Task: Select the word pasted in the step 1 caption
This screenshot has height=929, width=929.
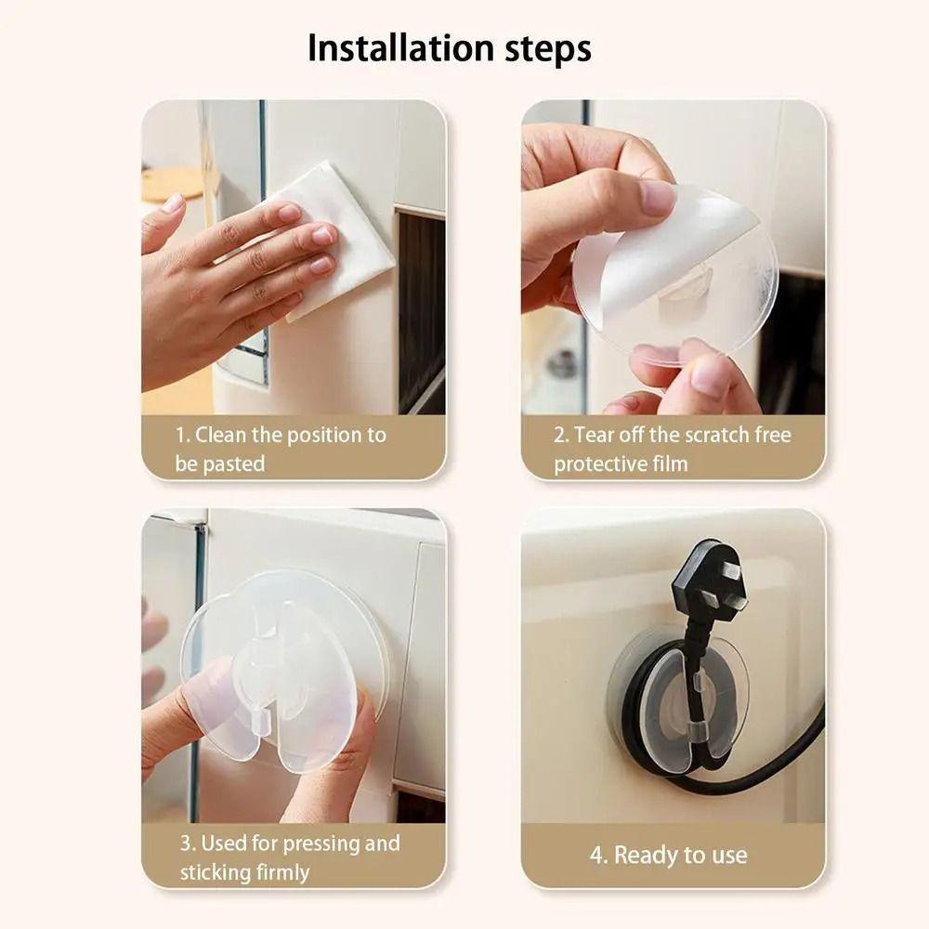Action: pyautogui.click(x=233, y=464)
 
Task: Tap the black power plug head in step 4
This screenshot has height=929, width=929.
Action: pyautogui.click(x=706, y=581)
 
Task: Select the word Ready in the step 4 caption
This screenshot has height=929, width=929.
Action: pyautogui.click(x=645, y=855)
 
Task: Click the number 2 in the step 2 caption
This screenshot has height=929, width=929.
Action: pyautogui.click(x=560, y=435)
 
